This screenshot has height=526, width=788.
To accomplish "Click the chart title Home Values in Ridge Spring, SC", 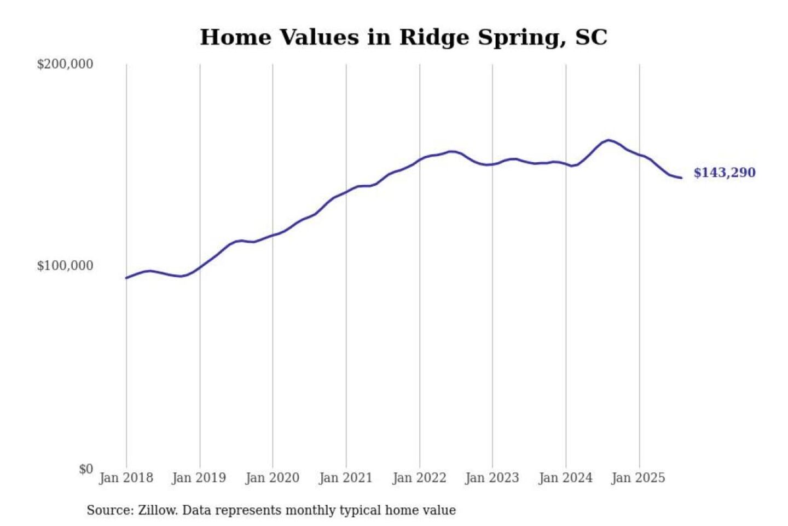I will click(403, 37).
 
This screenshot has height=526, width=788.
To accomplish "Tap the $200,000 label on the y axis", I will click(65, 64).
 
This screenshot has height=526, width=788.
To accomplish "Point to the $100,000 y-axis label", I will click(65, 266).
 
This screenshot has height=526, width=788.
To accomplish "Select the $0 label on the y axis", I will click(85, 469).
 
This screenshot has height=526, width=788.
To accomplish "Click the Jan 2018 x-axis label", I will click(126, 478).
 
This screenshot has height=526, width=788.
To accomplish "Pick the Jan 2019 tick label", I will click(199, 478).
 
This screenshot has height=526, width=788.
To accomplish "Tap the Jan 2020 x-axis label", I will click(272, 478).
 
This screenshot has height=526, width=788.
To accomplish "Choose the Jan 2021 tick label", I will click(345, 478).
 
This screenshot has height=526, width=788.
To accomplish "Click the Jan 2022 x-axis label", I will click(419, 478).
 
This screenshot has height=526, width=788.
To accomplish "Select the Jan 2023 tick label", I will click(492, 478).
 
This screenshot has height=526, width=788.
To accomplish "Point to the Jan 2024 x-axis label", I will click(565, 478).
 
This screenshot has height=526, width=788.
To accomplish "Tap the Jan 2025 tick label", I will click(638, 478).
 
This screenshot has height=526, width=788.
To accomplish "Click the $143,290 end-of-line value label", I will click(724, 173).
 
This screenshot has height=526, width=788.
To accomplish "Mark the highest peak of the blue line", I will click(609, 140).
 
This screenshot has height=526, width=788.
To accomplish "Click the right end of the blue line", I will click(681, 178).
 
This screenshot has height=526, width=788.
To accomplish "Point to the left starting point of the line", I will click(126, 278).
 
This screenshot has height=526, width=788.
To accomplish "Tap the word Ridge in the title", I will click(434, 37).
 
